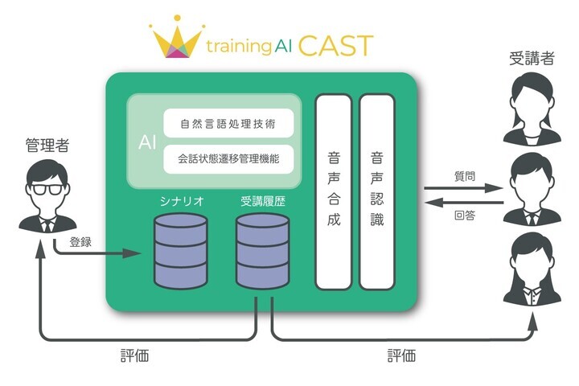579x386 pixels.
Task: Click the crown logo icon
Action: pos(179,38)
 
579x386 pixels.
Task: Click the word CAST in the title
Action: pos(336,44)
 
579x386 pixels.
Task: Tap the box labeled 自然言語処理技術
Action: pos(228,125)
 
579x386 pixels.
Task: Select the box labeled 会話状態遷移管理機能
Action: pos(228,159)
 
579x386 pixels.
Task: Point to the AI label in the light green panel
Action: pos(147,142)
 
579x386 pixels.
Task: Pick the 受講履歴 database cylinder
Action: pos(261,250)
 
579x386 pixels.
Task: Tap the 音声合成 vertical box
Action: pos(334,191)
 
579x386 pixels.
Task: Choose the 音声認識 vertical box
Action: pos(377,191)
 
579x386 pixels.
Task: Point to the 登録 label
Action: pos(80,241)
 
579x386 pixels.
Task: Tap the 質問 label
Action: pos(465,176)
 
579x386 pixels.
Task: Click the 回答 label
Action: pos(465,215)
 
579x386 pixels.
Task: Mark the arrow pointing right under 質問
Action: pos(466,189)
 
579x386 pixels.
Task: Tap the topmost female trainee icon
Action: pos(532,106)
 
